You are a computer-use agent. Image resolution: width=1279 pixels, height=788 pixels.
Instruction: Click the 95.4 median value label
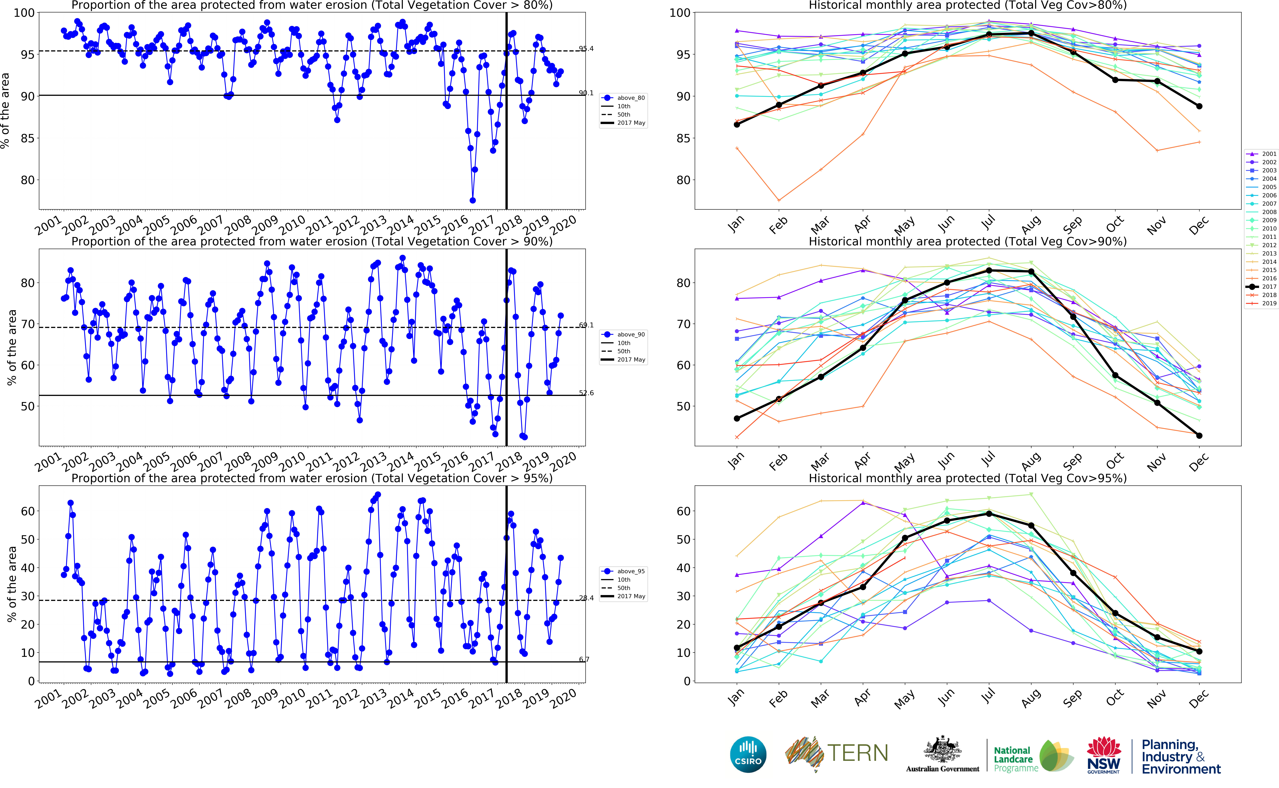coord(586,48)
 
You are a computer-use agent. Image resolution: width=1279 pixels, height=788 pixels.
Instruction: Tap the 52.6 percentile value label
coord(586,393)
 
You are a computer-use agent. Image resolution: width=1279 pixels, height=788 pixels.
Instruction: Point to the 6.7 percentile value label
coord(584,659)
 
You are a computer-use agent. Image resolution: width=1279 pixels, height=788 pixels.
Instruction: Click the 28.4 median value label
coord(586,598)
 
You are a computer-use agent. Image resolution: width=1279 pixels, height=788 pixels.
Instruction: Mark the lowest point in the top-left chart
coord(473,200)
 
